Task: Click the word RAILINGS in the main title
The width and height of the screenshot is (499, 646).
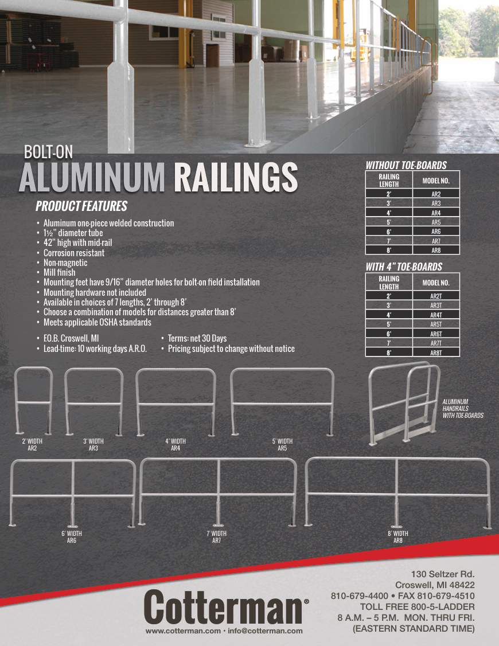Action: click(x=235, y=178)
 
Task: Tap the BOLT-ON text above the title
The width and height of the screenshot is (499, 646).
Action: click(x=48, y=152)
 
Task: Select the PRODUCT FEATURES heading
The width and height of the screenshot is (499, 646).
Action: click(x=81, y=206)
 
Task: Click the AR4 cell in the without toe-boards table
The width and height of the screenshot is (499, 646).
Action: click(x=436, y=213)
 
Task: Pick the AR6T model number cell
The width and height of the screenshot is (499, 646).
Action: click(x=436, y=334)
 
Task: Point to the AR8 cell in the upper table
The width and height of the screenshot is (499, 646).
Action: click(x=436, y=250)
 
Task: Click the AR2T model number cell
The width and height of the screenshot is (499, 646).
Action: click(x=436, y=296)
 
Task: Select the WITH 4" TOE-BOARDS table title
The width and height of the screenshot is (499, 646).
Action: click(x=404, y=267)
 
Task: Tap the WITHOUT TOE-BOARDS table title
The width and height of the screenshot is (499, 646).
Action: click(x=406, y=166)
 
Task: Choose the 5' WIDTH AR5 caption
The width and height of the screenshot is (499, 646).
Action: click(x=282, y=445)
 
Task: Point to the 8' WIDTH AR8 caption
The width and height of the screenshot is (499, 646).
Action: click(x=397, y=537)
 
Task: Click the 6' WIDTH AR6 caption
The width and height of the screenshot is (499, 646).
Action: click(x=72, y=537)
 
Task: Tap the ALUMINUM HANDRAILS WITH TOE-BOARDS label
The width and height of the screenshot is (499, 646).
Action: click(x=463, y=408)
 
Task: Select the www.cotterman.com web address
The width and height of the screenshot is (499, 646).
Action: click(x=183, y=631)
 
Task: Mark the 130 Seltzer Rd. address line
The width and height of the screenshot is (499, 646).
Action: click(x=443, y=574)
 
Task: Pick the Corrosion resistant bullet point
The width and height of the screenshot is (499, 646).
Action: click(x=74, y=253)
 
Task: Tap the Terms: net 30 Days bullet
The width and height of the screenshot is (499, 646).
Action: click(x=197, y=338)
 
